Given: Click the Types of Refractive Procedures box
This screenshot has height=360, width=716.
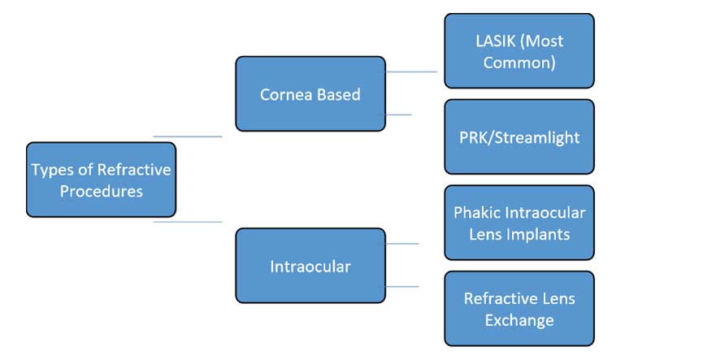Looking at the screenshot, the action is point(101,180).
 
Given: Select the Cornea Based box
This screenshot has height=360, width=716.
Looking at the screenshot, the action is point(310,93).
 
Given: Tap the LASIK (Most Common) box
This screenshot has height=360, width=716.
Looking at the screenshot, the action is point(519,50).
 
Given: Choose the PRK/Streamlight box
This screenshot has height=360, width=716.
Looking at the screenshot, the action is point(519,137).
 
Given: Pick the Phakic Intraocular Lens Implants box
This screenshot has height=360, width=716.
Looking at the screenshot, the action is point(519,223).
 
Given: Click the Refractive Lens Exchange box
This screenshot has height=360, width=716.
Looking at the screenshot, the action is point(519,308).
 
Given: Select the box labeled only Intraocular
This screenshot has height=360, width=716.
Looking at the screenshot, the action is point(310,266).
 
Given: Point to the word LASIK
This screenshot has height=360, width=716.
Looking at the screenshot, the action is point(496,41).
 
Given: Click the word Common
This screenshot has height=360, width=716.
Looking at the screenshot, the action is point(519,63).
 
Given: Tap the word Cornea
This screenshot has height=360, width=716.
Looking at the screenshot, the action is point(286,94).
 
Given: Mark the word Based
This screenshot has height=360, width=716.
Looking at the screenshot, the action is point(339,94).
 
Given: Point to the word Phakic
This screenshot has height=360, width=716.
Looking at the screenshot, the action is point(474,212).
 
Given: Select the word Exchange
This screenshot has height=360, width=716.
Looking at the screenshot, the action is point(519,321).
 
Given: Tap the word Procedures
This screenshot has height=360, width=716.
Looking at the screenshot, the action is point(102,191).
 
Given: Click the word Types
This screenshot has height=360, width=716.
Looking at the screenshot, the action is point(53,170).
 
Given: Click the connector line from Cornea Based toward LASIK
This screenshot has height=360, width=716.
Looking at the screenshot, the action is point(411,72).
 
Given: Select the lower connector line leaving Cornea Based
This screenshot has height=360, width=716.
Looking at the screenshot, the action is point(399,115).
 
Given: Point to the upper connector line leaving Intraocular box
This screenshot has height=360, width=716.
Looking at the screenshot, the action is point(402,244).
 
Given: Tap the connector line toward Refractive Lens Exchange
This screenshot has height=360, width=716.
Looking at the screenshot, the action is point(402,286).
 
